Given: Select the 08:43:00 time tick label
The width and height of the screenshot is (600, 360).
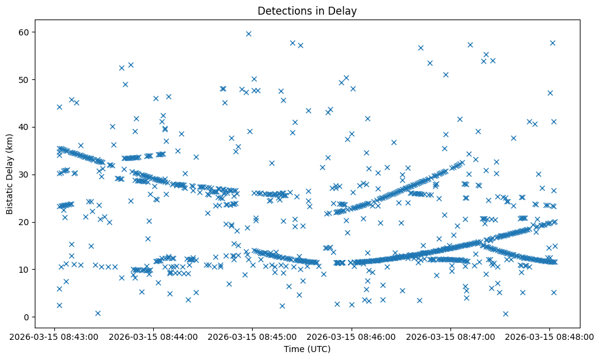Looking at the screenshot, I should coord(54,336).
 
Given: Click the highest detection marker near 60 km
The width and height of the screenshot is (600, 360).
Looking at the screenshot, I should coord(248,34).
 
